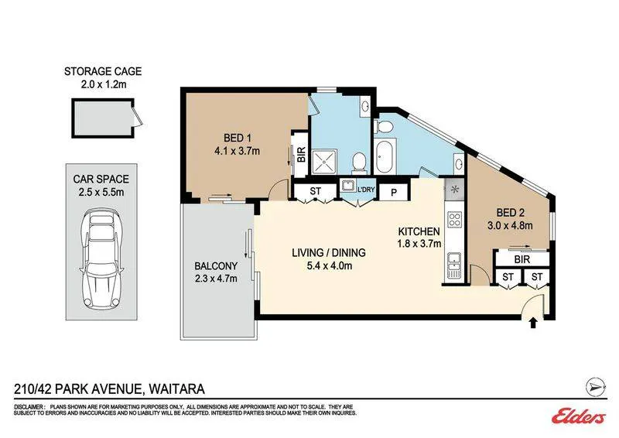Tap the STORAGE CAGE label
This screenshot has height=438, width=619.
pyautogui.click(x=103, y=71)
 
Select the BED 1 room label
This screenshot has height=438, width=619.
pyautogui.click(x=238, y=138)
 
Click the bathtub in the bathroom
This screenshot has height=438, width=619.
pyautogui.click(x=385, y=156)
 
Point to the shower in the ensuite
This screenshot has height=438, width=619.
pyautogui.click(x=325, y=162)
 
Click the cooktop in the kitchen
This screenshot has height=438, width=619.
pyautogui.click(x=454, y=220)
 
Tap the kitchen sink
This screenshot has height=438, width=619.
pyautogui.click(x=454, y=265)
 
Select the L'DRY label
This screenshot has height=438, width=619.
pyautogui.click(x=366, y=190)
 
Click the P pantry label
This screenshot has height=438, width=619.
pyautogui.click(x=394, y=193)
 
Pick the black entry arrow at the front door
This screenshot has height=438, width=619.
pyautogui.click(x=533, y=323)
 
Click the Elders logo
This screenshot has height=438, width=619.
pyautogui.click(x=579, y=416)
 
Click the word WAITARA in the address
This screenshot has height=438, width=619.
pyautogui.click(x=176, y=389)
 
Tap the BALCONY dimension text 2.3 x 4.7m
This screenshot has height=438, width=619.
pyautogui.click(x=216, y=279)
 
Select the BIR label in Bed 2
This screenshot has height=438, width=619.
pyautogui.click(x=522, y=259)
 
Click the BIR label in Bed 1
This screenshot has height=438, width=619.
pyautogui.click(x=301, y=155)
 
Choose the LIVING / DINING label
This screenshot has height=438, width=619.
pyautogui.click(x=329, y=252)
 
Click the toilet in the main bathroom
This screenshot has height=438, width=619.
pyautogui.click(x=384, y=127)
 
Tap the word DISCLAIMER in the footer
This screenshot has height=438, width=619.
pyautogui.click(x=29, y=407)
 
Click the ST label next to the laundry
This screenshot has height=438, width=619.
pyautogui.click(x=315, y=191)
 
